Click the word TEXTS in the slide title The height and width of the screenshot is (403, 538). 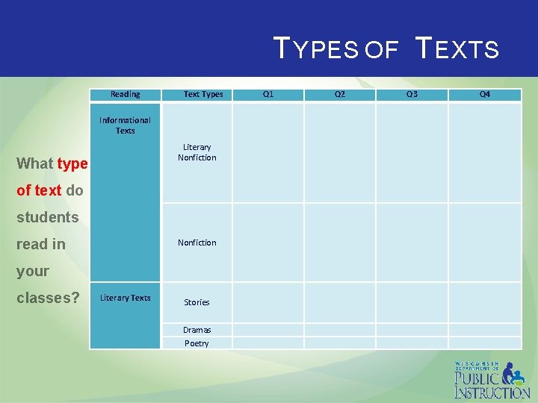(x=457, y=50)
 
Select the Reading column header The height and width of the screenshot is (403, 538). (x=125, y=94)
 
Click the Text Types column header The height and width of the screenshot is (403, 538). (x=203, y=94)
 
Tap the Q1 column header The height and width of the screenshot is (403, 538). (x=268, y=94)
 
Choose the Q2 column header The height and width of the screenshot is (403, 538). (x=340, y=94)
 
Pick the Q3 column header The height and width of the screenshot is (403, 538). (x=412, y=94)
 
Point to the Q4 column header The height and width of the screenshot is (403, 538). (x=485, y=94)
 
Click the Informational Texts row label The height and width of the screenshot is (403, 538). (x=125, y=125)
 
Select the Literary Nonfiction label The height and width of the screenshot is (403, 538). (x=197, y=152)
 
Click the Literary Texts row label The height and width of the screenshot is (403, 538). (x=125, y=298)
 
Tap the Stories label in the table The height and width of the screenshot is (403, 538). (x=197, y=302)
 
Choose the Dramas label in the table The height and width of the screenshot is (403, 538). (x=197, y=330)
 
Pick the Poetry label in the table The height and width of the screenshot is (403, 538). (x=197, y=343)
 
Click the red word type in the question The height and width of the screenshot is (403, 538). (x=72, y=163)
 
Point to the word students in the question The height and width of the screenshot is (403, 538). (x=47, y=217)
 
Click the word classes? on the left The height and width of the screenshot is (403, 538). (x=48, y=298)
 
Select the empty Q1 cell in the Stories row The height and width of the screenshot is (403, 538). (x=268, y=302)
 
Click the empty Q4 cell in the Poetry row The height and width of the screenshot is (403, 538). (x=485, y=343)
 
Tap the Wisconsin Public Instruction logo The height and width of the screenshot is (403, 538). (x=492, y=380)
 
